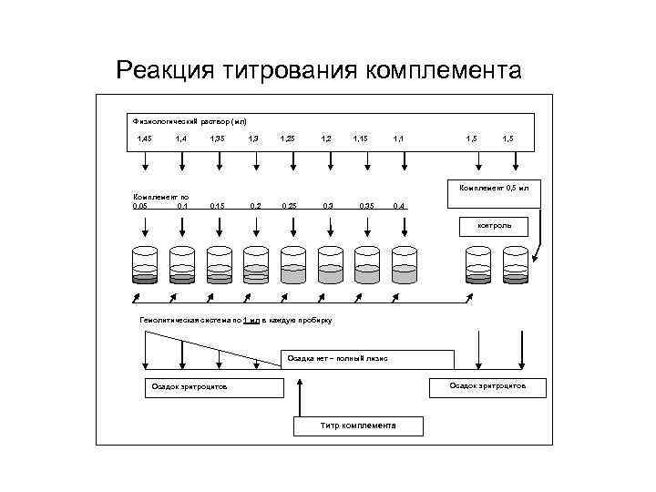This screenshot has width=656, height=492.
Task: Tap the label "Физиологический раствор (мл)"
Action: pyautogui.click(x=189, y=120)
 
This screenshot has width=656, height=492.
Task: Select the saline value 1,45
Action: pyautogui.click(x=143, y=138)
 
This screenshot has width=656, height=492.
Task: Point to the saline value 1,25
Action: pyautogui.click(x=287, y=138)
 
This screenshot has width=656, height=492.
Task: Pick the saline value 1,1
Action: pyautogui.click(x=398, y=138)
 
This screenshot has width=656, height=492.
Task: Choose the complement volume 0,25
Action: pyautogui.click(x=289, y=206)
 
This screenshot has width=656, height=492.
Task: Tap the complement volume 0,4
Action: pyautogui.click(x=399, y=206)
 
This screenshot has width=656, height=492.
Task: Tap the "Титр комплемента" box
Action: pyautogui.click(x=358, y=425)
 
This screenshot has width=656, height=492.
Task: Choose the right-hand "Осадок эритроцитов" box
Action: pyautogui.click(x=487, y=386)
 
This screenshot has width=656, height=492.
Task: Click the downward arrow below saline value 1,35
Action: pyautogui.click(x=220, y=161)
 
